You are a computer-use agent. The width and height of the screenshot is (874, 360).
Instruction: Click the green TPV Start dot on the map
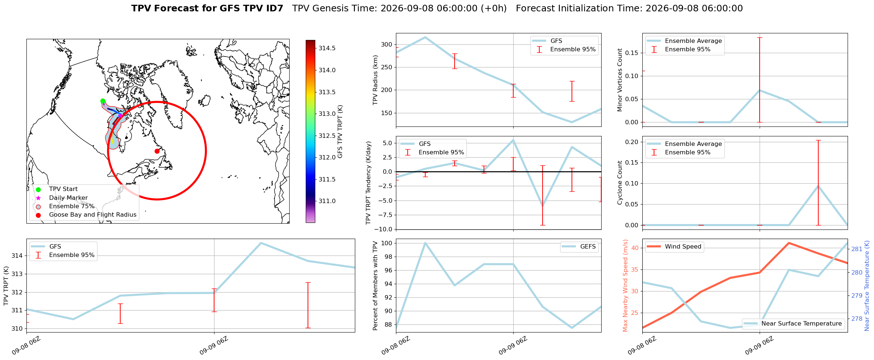pyautogui.click(x=103, y=101)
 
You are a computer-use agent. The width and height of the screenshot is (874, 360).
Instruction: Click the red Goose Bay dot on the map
pyautogui.click(x=157, y=151)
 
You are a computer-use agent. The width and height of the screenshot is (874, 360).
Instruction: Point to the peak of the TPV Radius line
pyautogui.click(x=425, y=37)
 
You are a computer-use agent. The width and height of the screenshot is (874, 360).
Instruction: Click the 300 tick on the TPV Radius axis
pyautogui.click(x=387, y=45)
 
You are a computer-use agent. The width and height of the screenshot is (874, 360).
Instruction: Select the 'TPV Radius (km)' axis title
pyautogui.click(x=375, y=80)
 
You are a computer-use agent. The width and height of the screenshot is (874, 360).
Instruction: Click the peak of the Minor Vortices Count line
pyautogui.click(x=759, y=90)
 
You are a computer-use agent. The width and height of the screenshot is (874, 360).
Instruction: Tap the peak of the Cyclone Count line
pyautogui.click(x=818, y=186)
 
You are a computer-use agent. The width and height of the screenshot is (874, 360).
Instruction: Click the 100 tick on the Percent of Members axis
pyautogui.click(x=387, y=243)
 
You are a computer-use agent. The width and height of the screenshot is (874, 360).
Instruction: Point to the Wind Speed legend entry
pyautogui.click(x=674, y=247)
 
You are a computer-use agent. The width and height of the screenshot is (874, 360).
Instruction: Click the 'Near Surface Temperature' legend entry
pyautogui.click(x=793, y=324)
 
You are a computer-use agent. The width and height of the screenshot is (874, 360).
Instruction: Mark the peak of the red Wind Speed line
pyautogui.click(x=789, y=243)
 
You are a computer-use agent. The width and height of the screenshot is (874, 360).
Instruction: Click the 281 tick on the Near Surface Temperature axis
pyautogui.click(x=857, y=249)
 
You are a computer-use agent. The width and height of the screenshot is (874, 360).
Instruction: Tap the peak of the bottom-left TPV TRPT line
pyautogui.click(x=261, y=243)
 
